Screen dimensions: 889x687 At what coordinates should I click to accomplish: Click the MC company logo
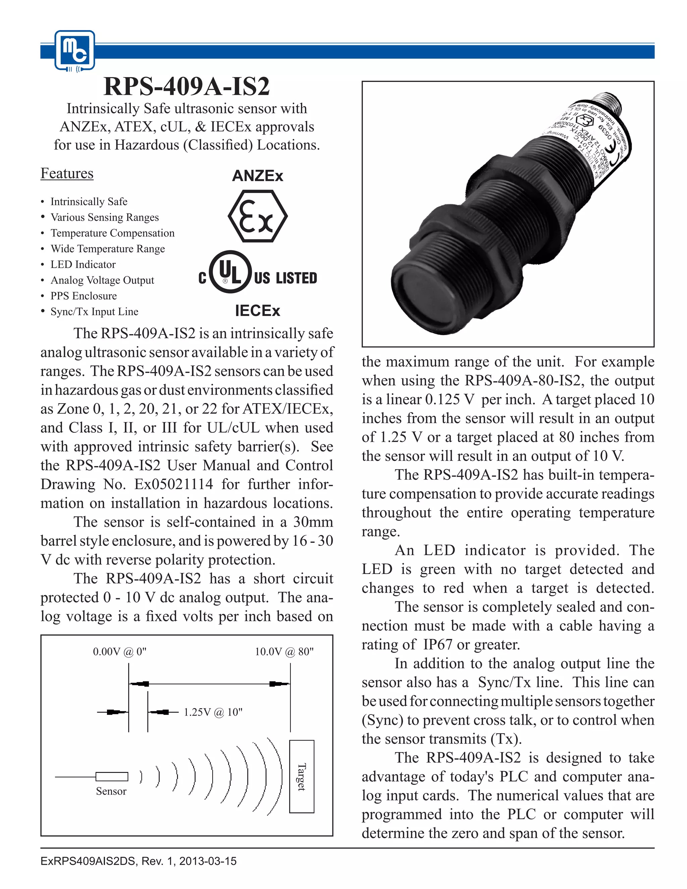(75, 50)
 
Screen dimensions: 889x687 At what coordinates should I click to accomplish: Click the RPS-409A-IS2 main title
(187, 86)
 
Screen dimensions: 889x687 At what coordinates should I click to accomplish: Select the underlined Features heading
(67, 173)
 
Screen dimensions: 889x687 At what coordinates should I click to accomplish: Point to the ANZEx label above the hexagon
(257, 176)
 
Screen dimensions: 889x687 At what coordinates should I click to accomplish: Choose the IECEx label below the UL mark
(257, 311)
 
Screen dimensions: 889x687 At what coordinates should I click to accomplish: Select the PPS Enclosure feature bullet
(84, 296)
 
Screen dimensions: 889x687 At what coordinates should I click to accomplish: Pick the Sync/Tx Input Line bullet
(94, 312)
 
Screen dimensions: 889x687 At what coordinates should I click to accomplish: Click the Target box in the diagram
(302, 776)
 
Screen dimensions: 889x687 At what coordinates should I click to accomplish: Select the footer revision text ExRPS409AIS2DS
(139, 861)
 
